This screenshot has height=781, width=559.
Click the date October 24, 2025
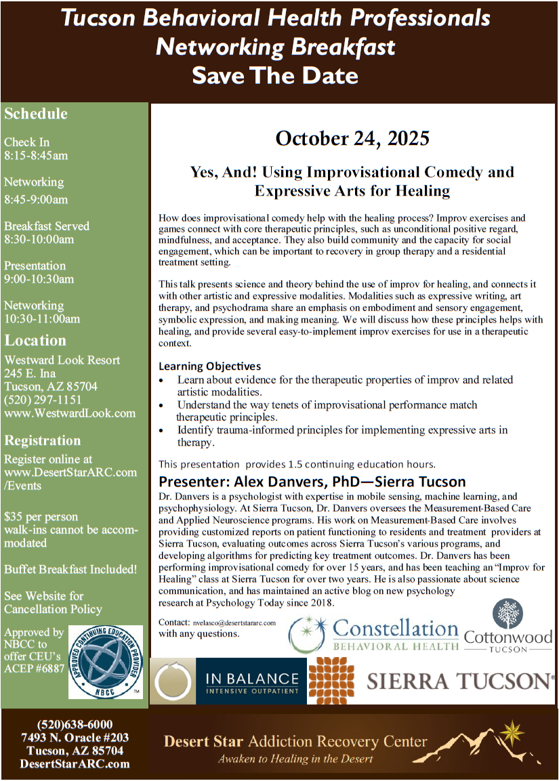coord(352,139)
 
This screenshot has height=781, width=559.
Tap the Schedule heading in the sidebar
coord(36,114)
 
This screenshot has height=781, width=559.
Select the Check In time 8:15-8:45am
coord(36,156)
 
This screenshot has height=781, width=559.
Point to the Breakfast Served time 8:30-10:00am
coord(39,239)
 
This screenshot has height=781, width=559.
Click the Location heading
coord(35,341)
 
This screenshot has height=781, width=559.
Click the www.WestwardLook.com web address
coord(70,413)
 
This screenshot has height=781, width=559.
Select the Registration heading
coord(43,440)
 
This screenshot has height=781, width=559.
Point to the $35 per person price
coord(41,517)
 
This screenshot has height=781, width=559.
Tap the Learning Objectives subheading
coord(209,366)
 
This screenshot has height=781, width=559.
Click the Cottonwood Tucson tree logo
coord(508,625)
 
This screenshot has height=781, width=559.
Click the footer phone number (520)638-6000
coord(75,724)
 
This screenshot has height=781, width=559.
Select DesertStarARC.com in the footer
coord(75,764)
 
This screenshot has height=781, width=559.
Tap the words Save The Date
coord(275,75)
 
